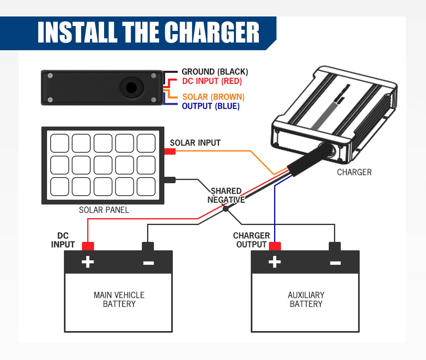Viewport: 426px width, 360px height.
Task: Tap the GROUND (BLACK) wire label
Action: tap(215, 72)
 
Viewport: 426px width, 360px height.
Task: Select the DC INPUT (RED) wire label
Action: tap(212, 81)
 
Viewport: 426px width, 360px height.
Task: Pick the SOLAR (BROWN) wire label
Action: tap(213, 97)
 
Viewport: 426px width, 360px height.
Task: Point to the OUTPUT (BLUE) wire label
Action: tap(211, 106)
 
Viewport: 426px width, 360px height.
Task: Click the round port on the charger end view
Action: tap(131, 87)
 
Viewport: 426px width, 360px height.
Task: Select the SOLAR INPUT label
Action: tap(195, 143)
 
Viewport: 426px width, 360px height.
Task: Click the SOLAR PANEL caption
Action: tap(104, 210)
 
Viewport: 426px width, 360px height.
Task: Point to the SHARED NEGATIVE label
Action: tap(226, 195)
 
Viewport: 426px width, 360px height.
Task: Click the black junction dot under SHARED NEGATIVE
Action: tap(225, 209)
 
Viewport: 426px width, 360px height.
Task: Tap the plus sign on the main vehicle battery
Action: tap(88, 262)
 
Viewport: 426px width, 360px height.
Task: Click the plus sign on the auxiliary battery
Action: tap(274, 262)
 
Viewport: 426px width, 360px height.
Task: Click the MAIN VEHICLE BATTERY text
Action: tap(119, 299)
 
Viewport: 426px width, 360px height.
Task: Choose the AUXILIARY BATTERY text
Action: tap(306, 299)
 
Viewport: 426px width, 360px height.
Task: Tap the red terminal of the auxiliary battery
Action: tap(275, 246)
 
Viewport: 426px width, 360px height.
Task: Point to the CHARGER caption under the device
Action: tap(354, 172)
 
